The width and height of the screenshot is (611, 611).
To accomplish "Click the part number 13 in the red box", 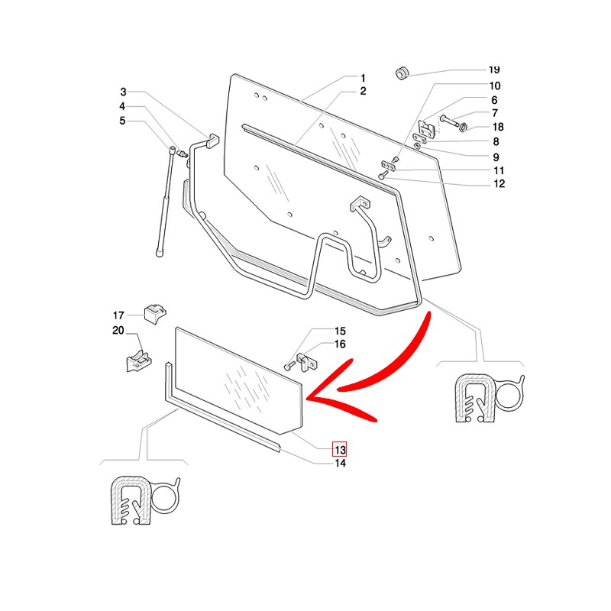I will pyautogui.click(x=339, y=449).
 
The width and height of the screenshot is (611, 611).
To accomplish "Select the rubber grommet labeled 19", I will pyautogui.click(x=402, y=73).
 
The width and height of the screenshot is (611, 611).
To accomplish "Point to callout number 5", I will pyautogui.click(x=122, y=121).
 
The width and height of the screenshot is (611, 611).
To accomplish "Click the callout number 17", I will pyautogui.click(x=118, y=315).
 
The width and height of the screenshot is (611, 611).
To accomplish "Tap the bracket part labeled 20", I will pyautogui.click(x=137, y=357).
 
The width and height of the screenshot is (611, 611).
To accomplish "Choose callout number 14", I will pyautogui.click(x=340, y=464).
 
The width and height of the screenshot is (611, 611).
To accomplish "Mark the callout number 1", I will pyautogui.click(x=363, y=78).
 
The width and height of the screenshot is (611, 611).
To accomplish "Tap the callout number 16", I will pyautogui.click(x=340, y=345).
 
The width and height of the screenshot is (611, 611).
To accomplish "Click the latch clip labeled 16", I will pyautogui.click(x=304, y=360).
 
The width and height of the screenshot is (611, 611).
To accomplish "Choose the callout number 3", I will pyautogui.click(x=122, y=92).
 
